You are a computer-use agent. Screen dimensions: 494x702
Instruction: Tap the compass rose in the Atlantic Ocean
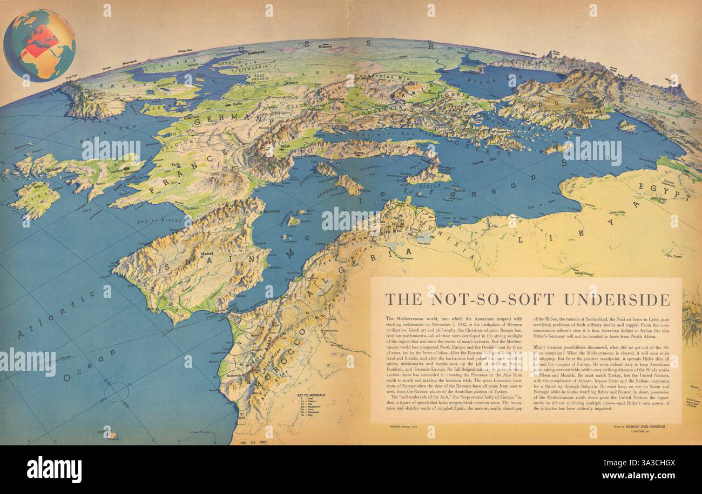pos(117,392)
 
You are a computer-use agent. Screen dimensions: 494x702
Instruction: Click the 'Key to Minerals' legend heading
pos(310,395)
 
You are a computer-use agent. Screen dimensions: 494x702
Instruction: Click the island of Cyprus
pos(627,126)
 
